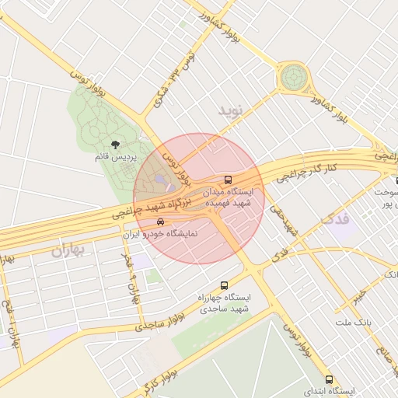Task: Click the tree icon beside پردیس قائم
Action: (x=116, y=145)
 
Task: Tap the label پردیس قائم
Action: (x=116, y=157)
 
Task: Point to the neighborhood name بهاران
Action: (x=68, y=250)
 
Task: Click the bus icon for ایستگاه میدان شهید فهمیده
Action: (x=227, y=177)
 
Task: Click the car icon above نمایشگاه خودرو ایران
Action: (x=161, y=222)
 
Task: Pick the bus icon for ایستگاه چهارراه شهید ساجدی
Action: (x=225, y=285)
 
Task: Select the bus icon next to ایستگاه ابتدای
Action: (x=330, y=380)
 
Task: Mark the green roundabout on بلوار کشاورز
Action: (x=294, y=77)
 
